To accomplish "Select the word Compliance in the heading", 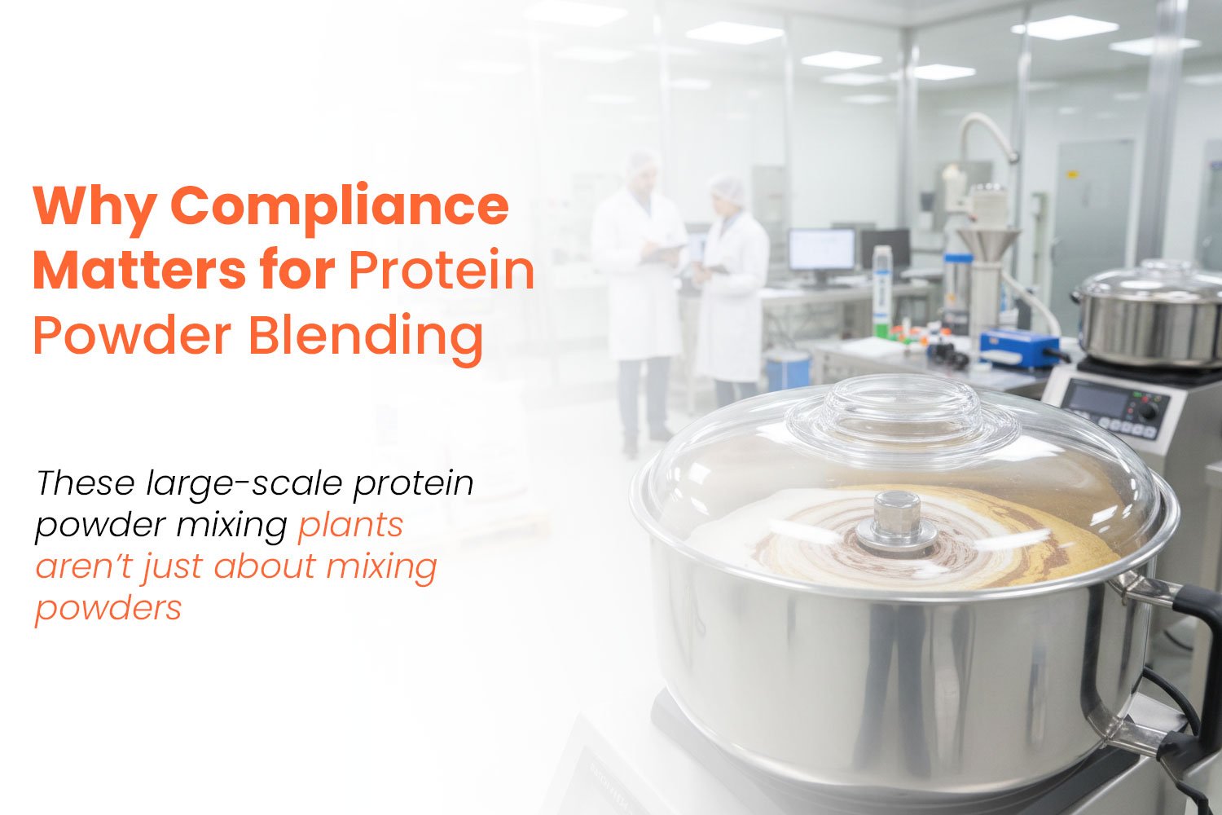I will (x=340, y=206).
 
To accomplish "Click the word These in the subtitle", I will (x=86, y=483).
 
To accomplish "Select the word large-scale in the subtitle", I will (x=244, y=484).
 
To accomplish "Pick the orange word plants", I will (x=350, y=526).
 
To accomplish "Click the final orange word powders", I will (x=108, y=608).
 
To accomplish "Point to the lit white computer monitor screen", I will (x=821, y=249).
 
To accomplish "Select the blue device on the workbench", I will (x=1019, y=346).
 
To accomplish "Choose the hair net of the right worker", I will (x=727, y=187).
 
